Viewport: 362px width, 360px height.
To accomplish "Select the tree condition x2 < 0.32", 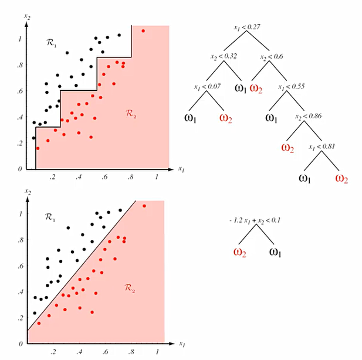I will (223, 57).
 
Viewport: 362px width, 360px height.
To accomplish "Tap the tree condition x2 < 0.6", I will (271, 57).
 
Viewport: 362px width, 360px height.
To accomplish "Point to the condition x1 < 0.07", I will (207, 87).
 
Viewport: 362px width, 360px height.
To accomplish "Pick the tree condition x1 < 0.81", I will (322, 147).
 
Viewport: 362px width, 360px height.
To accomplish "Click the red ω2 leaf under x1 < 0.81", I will (341, 178).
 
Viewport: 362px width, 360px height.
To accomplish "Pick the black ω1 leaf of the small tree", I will (276, 252).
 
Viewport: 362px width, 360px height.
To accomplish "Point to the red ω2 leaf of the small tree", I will (239, 252).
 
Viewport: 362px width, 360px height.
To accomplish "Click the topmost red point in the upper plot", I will (143, 30).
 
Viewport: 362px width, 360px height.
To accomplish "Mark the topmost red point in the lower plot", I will (144, 206).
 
